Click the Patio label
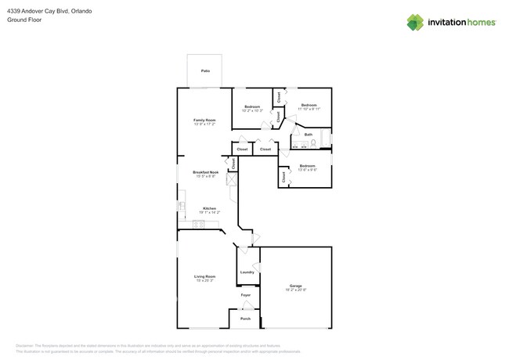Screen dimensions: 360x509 pos(205,70)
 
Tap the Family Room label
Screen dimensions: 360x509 pos(204,120)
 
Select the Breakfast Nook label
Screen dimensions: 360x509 pos(205,172)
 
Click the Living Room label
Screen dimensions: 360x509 pos(204,276)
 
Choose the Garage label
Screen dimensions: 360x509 pos(295,286)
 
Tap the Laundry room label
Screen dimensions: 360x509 pos(247,272)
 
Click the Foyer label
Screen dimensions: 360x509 pos(246,295)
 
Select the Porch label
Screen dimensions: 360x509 pos(245,319)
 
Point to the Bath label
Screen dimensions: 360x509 pos(309,135)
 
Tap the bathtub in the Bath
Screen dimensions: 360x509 pos(327,139)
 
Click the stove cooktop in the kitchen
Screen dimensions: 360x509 pos(199,225)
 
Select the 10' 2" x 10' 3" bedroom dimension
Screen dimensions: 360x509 pos(252,111)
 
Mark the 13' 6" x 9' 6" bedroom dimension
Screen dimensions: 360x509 pos(307,170)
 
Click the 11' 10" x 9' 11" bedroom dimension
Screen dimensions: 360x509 pos(309,110)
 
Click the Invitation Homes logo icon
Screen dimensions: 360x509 pos(414,23)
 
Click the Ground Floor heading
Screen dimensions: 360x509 pos(24,20)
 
